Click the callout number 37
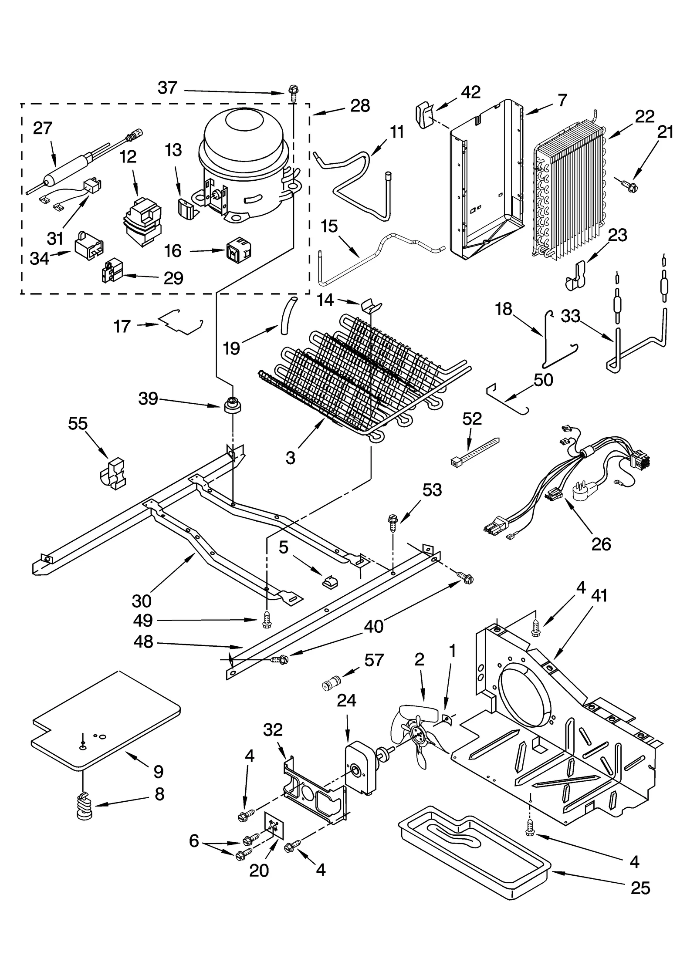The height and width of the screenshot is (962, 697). tap(168, 88)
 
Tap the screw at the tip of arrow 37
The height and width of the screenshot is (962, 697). tap(292, 92)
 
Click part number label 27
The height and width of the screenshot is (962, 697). tap(42, 128)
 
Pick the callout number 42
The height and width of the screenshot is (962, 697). tap(470, 92)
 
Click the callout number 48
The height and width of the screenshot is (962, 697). tap(143, 641)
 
